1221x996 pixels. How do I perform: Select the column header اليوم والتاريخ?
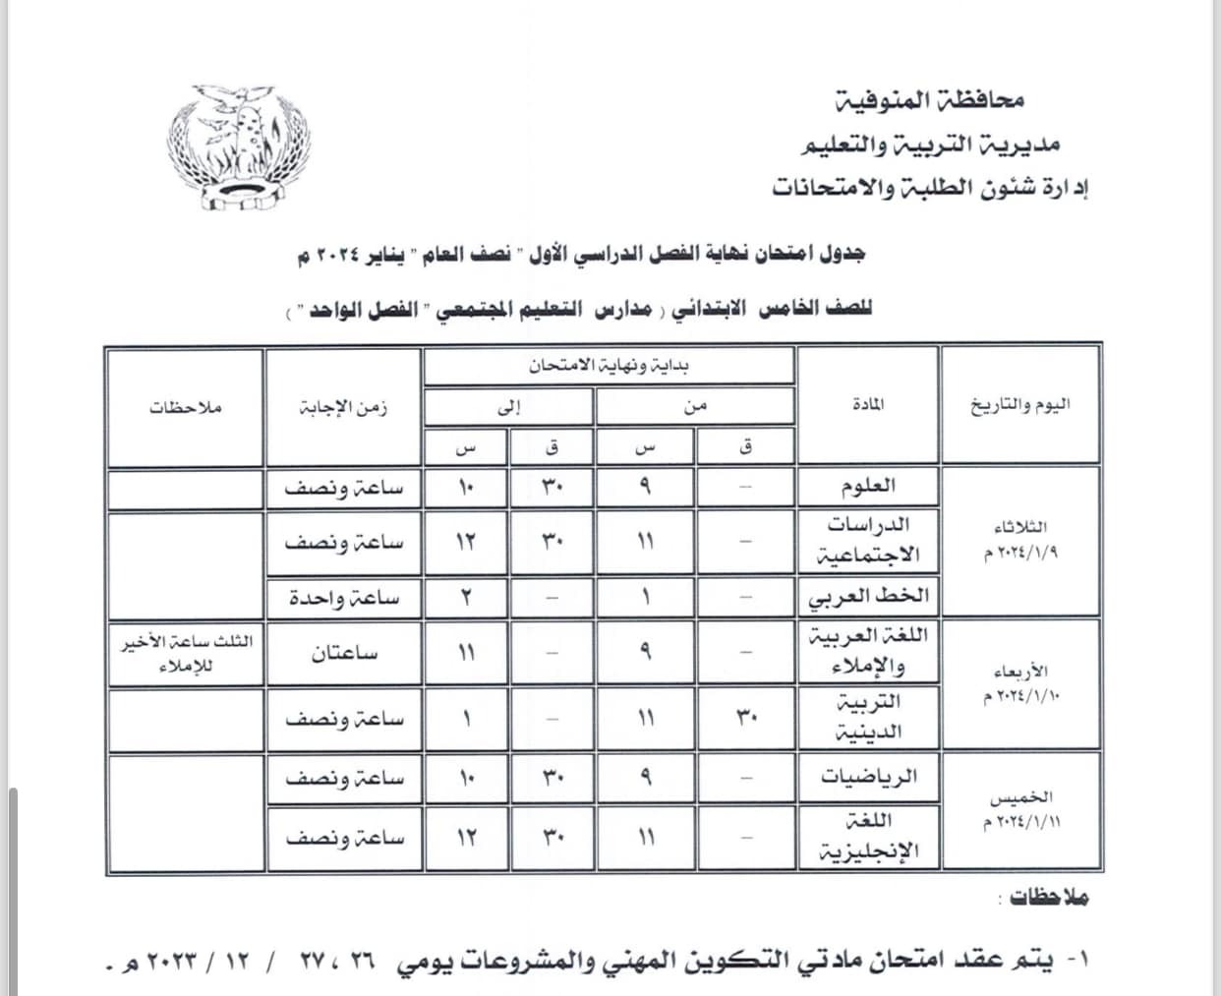[1019, 405]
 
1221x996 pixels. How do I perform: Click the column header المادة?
[865, 404]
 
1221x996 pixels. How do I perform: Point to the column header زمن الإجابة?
[344, 406]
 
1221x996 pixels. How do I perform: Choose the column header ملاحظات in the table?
[186, 406]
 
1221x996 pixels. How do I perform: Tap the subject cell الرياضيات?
[869, 778]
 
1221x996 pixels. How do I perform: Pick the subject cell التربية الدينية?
[867, 718]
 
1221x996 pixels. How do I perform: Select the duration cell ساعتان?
[344, 654]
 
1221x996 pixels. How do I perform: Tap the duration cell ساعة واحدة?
[344, 597]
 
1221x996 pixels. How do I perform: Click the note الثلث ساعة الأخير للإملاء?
[186, 654]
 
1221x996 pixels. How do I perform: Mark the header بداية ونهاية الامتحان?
[609, 367]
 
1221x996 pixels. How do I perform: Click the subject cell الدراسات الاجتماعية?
[868, 540]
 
